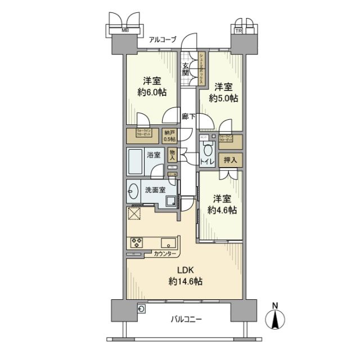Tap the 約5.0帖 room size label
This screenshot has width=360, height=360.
tap(223, 97)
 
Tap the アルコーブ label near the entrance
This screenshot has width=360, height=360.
tap(163, 39)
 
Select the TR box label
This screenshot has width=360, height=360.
tap(238, 31)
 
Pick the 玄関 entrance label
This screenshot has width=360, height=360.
tap(186, 68)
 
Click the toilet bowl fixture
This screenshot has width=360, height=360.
tap(207, 150)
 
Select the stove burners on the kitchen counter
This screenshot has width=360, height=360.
tap(136, 242)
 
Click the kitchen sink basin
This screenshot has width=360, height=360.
tap(168, 243)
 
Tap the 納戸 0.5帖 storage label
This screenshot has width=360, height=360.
tap(169, 136)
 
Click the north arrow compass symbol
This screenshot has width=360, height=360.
tap(275, 318)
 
